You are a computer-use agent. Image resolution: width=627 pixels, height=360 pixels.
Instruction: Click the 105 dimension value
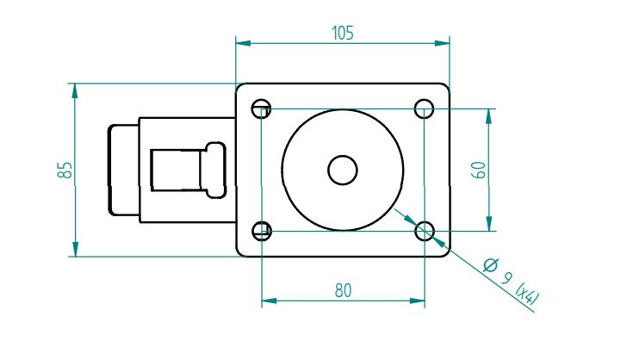(343, 34)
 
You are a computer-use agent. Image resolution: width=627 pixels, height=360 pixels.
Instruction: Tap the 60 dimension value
(479, 170)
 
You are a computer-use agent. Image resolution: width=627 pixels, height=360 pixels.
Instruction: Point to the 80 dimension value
(343, 291)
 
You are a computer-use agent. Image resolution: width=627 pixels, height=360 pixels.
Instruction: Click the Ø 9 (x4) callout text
(511, 281)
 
